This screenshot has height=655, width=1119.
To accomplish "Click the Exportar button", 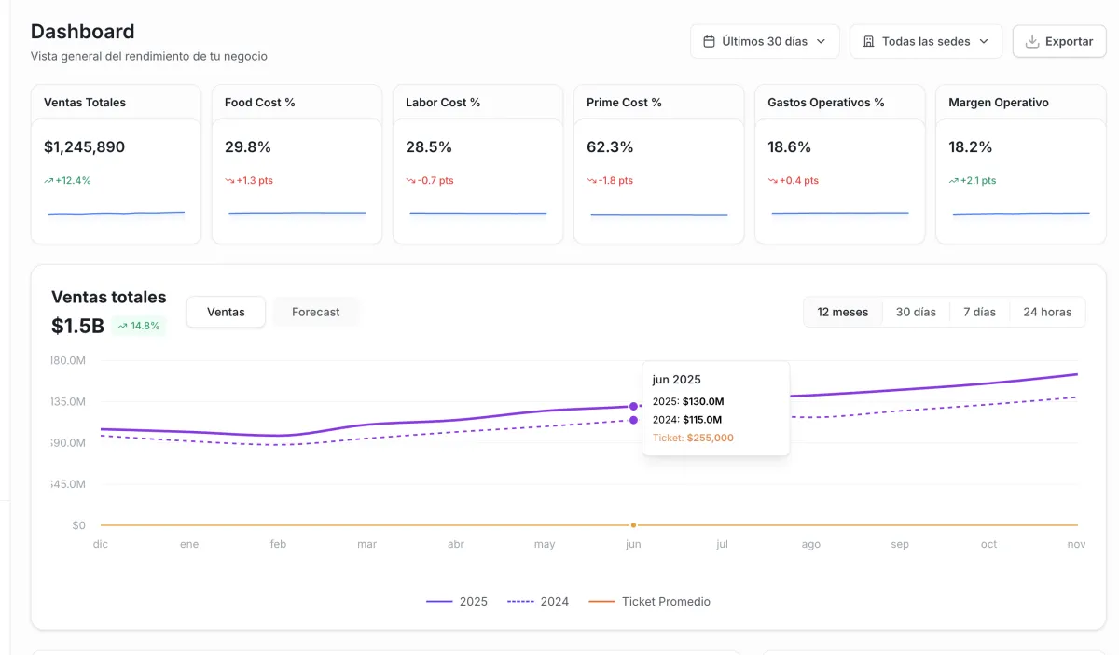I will pyautogui.click(x=1058, y=41).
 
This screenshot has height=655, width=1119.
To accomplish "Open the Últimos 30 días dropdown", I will pyautogui.click(x=765, y=41).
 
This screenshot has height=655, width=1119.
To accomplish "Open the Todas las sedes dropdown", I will pyautogui.click(x=925, y=41).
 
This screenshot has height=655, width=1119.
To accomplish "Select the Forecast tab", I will pyautogui.click(x=315, y=312).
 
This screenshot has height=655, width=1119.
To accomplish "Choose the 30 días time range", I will pyautogui.click(x=916, y=312).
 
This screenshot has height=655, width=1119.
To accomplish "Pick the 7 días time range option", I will pyautogui.click(x=979, y=312).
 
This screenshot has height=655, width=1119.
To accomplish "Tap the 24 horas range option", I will pyautogui.click(x=1047, y=312).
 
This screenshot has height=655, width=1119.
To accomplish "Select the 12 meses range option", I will pyautogui.click(x=843, y=312).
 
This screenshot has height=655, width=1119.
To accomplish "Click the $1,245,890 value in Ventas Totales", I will pyautogui.click(x=84, y=146).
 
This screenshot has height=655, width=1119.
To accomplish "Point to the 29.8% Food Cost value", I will pyautogui.click(x=248, y=146).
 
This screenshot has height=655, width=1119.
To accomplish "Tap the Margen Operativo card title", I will pyautogui.click(x=997, y=103).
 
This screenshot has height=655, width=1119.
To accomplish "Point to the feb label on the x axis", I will pyautogui.click(x=278, y=544).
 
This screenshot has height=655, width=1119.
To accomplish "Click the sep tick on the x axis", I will pyautogui.click(x=900, y=544).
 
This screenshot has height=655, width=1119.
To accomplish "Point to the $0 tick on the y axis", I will pyautogui.click(x=78, y=525).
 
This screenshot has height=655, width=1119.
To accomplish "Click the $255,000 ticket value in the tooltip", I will pyautogui.click(x=710, y=438).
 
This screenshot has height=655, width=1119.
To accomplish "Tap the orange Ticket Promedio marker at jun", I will pyautogui.click(x=633, y=525).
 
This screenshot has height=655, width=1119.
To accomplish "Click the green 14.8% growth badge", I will pyautogui.click(x=139, y=326).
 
